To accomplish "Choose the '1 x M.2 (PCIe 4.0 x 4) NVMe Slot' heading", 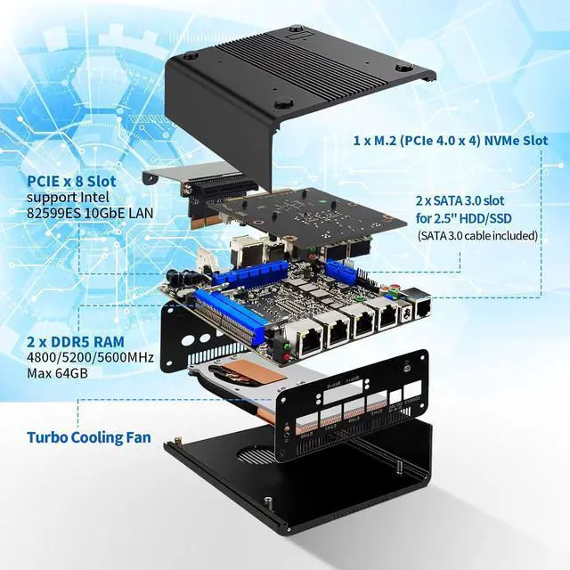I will tap(449, 141).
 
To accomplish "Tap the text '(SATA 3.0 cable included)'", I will tap(477, 236).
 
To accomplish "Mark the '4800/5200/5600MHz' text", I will tap(90, 357).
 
